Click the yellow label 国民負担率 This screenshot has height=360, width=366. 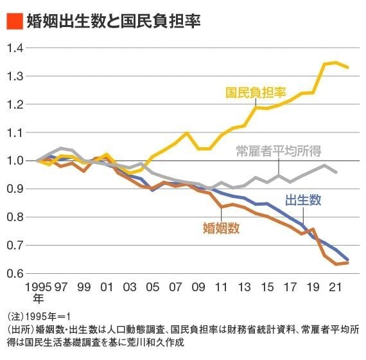tap(255, 92)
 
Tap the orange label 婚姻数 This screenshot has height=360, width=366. tap(220, 227)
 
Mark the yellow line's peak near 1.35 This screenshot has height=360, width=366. tap(336, 62)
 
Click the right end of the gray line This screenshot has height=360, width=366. tap(336, 172)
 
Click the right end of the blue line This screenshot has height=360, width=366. tap(348, 260)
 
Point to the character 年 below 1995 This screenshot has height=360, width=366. tap(38, 299)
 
